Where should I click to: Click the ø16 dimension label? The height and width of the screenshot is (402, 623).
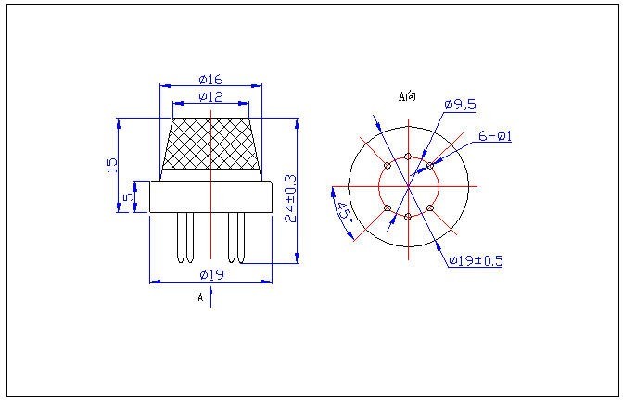point(211,80)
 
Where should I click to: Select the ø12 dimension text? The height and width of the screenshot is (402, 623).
point(211,97)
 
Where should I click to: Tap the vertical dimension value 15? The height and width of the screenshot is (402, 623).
point(112,165)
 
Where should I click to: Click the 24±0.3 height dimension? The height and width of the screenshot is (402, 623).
point(291,198)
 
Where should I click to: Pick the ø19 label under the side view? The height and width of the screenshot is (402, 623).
point(211,274)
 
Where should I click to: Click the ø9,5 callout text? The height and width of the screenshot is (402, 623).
point(460,105)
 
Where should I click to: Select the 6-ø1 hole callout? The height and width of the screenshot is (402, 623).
point(495,136)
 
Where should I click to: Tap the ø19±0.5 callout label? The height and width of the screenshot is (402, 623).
point(476,260)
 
